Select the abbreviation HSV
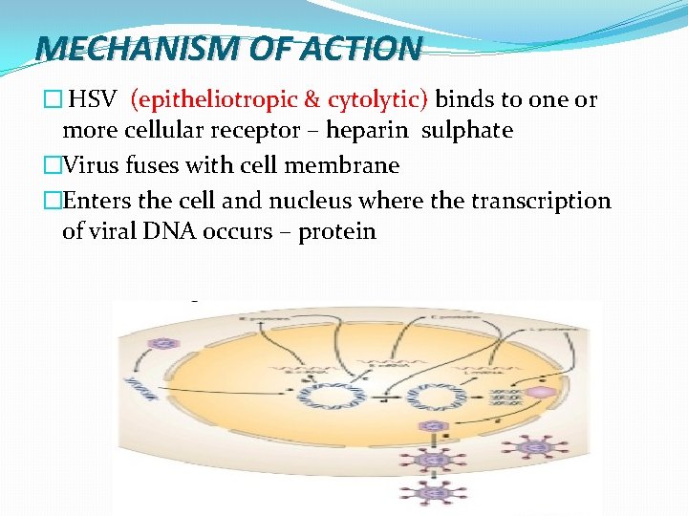point(94,100)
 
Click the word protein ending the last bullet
point(337,231)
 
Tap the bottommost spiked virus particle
point(435,493)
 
